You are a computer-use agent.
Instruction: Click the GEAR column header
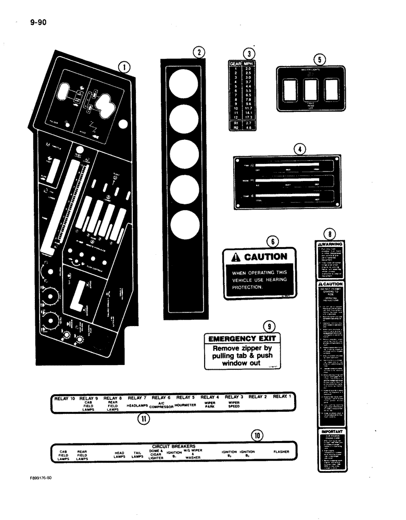click(x=236, y=63)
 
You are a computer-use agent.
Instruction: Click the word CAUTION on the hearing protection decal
click(x=265, y=256)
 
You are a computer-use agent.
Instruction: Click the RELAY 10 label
click(x=65, y=398)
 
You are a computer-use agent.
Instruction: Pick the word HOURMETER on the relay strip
click(x=185, y=403)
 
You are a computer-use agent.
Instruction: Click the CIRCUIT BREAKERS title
click(x=173, y=446)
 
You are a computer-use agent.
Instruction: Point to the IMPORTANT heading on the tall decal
click(x=331, y=431)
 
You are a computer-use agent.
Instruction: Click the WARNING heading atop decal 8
click(x=331, y=244)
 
